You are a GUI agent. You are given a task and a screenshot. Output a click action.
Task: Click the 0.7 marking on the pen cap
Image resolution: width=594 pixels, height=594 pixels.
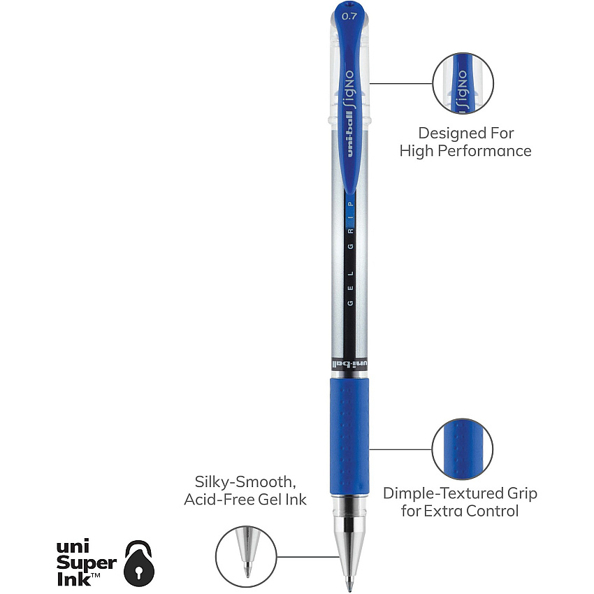349,16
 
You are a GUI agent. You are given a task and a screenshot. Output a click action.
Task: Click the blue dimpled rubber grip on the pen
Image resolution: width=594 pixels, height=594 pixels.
349,436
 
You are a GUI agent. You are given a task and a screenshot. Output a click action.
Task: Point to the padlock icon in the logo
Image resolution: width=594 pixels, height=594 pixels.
139,563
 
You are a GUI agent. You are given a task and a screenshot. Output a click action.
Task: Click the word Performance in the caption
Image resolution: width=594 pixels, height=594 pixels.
485,151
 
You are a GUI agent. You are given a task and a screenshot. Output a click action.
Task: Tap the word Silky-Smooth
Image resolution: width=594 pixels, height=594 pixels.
245,482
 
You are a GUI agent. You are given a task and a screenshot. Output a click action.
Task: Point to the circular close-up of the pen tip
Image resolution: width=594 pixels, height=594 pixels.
246,556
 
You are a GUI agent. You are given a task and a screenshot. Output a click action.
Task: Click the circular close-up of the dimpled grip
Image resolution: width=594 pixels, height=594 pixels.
463,449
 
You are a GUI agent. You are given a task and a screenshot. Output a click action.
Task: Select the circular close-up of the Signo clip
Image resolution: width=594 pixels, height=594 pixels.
463,83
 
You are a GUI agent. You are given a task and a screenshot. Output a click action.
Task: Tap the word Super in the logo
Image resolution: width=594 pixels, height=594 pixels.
87,563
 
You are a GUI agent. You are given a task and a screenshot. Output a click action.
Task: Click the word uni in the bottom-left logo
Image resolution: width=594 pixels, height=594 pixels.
73,546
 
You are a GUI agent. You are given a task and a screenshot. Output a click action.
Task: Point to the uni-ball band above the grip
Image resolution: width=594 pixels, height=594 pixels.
349,364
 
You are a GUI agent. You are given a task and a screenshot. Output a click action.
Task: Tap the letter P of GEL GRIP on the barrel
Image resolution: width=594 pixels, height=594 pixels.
351,204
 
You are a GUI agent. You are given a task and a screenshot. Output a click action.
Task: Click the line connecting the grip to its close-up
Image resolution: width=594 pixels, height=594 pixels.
400,449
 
